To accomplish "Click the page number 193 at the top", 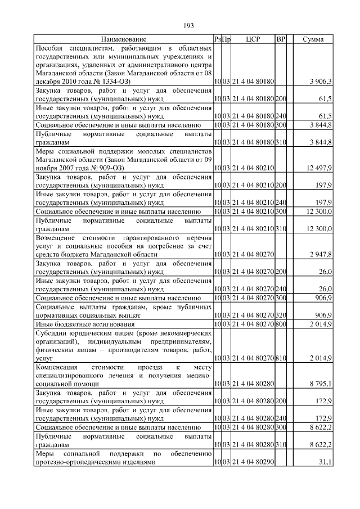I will click(188, 25).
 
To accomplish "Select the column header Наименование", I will click(124, 39).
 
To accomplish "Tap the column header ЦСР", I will click(253, 39).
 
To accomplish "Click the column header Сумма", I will click(312, 39).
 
